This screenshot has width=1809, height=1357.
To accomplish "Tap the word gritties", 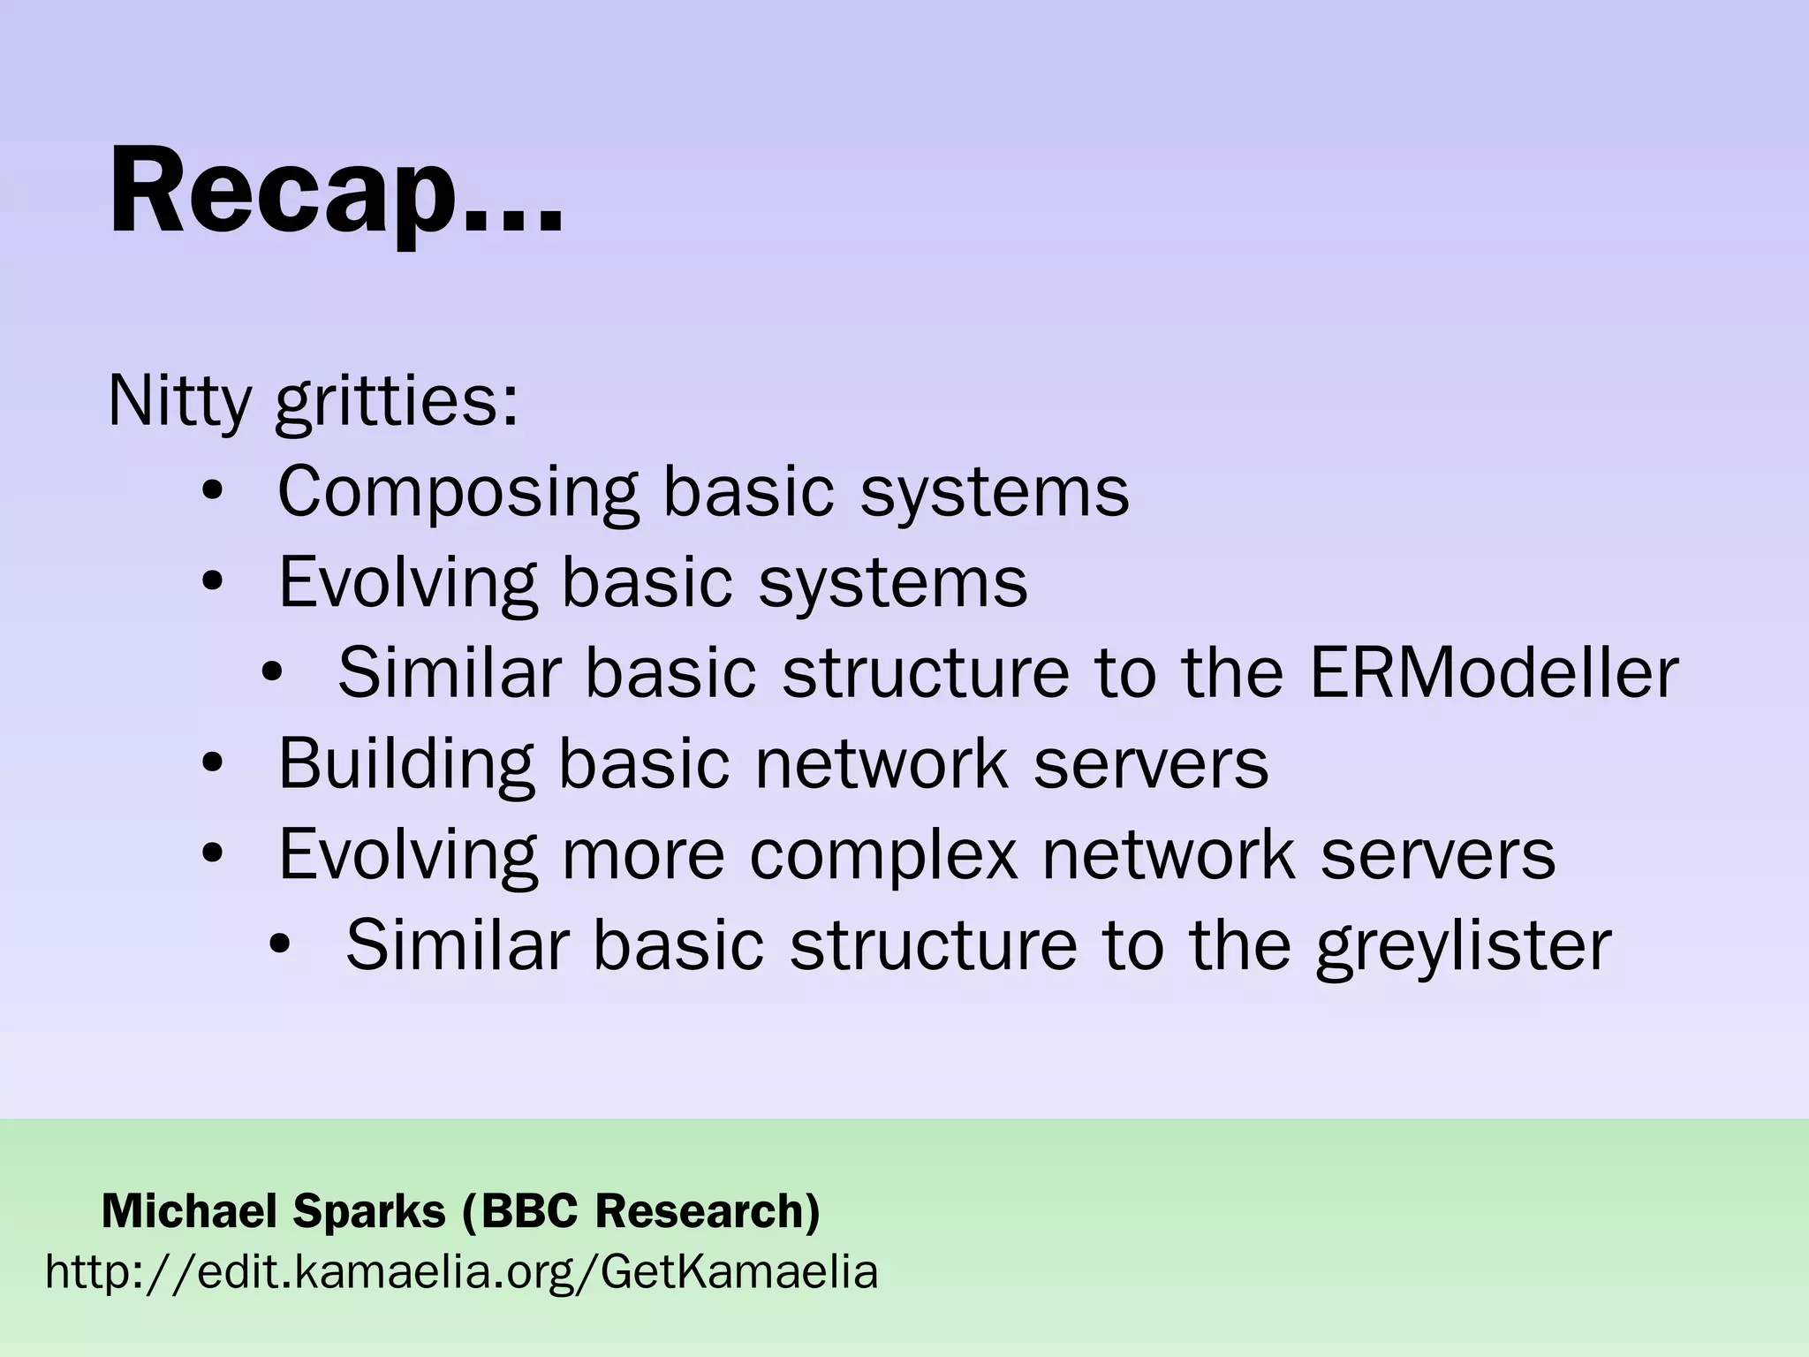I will [x=396, y=405].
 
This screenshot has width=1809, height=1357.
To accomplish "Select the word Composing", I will [x=457, y=493].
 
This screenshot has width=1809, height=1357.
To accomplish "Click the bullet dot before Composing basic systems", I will [x=212, y=491].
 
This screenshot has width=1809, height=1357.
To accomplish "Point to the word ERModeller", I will [x=1493, y=673].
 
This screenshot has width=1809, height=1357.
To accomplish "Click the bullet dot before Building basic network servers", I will [x=212, y=763].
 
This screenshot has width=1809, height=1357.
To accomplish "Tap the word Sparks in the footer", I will [x=370, y=1212].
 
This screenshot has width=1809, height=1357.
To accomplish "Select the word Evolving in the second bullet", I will [x=407, y=584].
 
